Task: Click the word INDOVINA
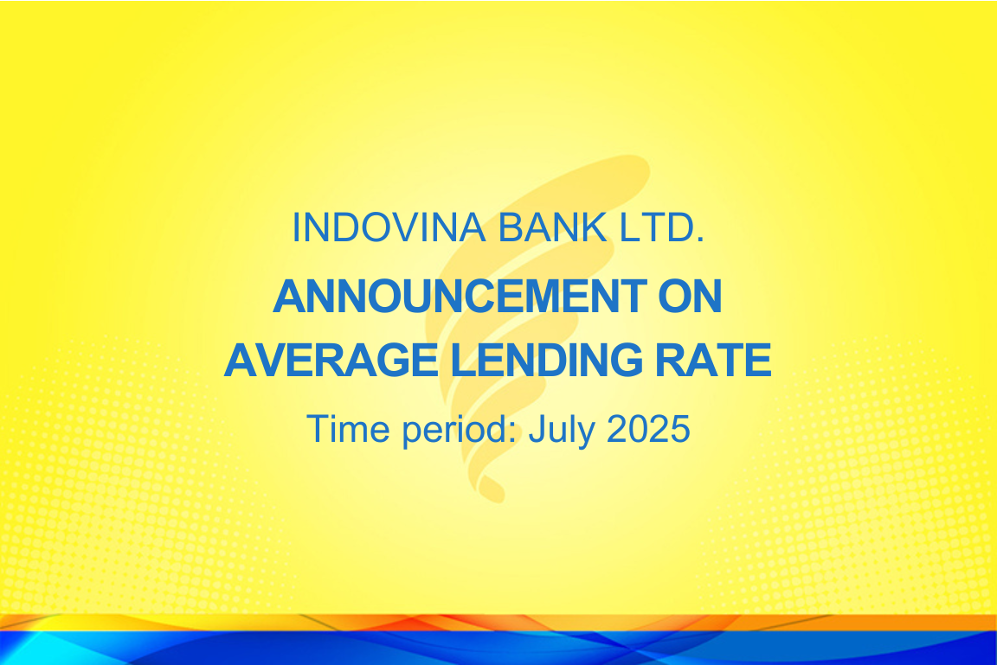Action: [389, 227]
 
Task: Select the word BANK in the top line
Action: [553, 227]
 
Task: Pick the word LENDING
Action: [547, 360]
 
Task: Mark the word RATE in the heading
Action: [713, 360]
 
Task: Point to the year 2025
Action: [648, 429]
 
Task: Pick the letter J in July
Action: [537, 429]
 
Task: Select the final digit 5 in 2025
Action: [680, 429]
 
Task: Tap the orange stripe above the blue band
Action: [498, 622]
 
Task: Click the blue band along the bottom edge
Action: [498, 648]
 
